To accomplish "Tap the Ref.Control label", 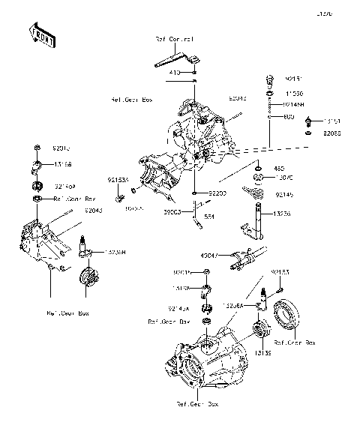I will pyautogui.click(x=174, y=38).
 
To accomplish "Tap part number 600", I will pyautogui.click(x=289, y=117).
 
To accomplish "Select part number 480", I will pyautogui.click(x=279, y=169).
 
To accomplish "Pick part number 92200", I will pyautogui.click(x=217, y=193).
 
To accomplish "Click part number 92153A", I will pyautogui.click(x=118, y=180).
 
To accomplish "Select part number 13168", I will pyautogui.click(x=62, y=163).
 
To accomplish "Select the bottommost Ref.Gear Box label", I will pyautogui.click(x=197, y=405).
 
